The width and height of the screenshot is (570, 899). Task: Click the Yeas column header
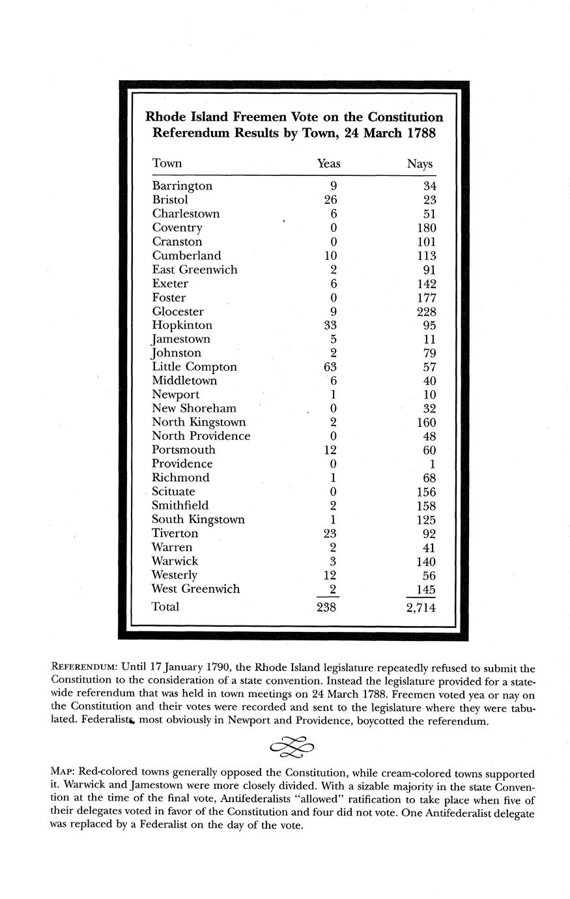328,164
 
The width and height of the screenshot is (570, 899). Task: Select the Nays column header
420,164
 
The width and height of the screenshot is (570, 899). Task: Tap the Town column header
167,164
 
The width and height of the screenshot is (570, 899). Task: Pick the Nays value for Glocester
426,311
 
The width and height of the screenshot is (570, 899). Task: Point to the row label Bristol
170,199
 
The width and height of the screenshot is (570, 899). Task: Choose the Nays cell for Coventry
426,227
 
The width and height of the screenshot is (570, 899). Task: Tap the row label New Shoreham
193,408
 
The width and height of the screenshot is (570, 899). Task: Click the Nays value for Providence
432,464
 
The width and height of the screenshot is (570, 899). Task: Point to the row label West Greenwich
195,589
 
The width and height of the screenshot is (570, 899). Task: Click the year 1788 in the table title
421,134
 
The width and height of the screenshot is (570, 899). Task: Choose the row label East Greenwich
194,270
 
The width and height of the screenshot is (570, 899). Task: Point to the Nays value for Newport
429,395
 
